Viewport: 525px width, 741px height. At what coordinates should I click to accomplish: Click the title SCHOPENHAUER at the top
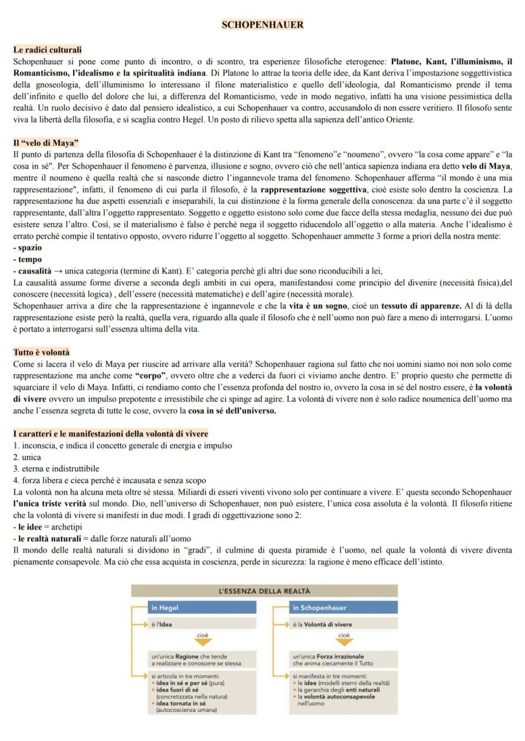tap(262, 25)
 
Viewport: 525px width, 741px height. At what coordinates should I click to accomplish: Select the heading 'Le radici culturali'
tap(48, 49)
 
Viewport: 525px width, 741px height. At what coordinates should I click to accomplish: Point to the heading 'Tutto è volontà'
tap(42, 352)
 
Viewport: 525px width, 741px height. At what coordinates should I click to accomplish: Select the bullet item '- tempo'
tap(27, 259)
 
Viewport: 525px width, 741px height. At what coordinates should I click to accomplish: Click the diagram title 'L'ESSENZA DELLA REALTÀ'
tap(264, 591)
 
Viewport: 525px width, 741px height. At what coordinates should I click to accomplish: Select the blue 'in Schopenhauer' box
tap(342, 607)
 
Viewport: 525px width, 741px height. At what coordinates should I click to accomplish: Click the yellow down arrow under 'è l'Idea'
tap(202, 639)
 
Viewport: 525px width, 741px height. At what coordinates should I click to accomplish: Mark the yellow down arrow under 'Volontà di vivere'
tap(344, 639)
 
